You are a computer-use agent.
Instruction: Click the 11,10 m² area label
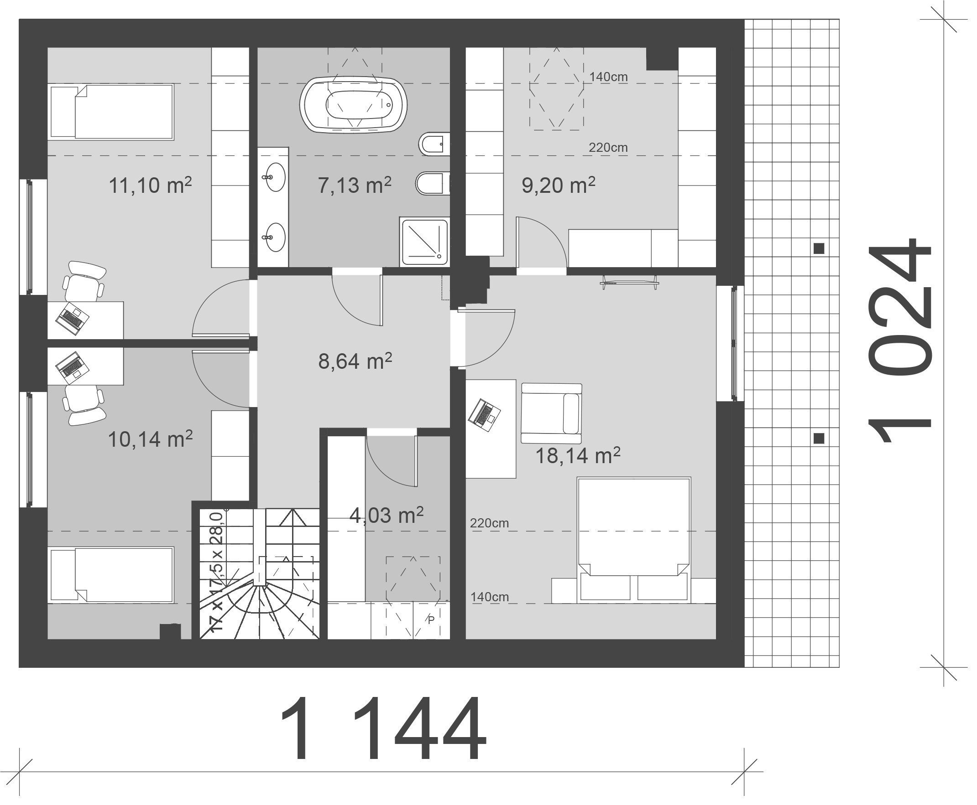pyautogui.click(x=150, y=185)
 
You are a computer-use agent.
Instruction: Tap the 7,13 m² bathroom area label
pyautogui.click(x=355, y=185)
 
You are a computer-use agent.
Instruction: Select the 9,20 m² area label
pyautogui.click(x=559, y=185)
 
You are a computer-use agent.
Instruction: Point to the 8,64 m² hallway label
pyautogui.click(x=355, y=361)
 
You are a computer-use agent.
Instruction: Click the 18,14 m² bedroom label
pyautogui.click(x=578, y=455)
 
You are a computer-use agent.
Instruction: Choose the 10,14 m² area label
pyautogui.click(x=150, y=439)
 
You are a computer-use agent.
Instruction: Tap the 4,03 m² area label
pyautogui.click(x=386, y=515)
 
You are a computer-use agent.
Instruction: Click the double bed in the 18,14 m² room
pyautogui.click(x=633, y=540)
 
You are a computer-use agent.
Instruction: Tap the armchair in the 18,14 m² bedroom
pyautogui.click(x=551, y=413)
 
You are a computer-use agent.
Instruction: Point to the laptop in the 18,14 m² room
pyautogui.click(x=485, y=415)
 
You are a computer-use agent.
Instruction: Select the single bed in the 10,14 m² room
pyautogui.click(x=111, y=574)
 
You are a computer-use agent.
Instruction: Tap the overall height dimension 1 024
pyautogui.click(x=899, y=341)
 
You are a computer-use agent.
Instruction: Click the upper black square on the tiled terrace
pyautogui.click(x=819, y=248)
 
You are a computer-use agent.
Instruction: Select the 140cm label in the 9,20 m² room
pyautogui.click(x=608, y=77)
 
